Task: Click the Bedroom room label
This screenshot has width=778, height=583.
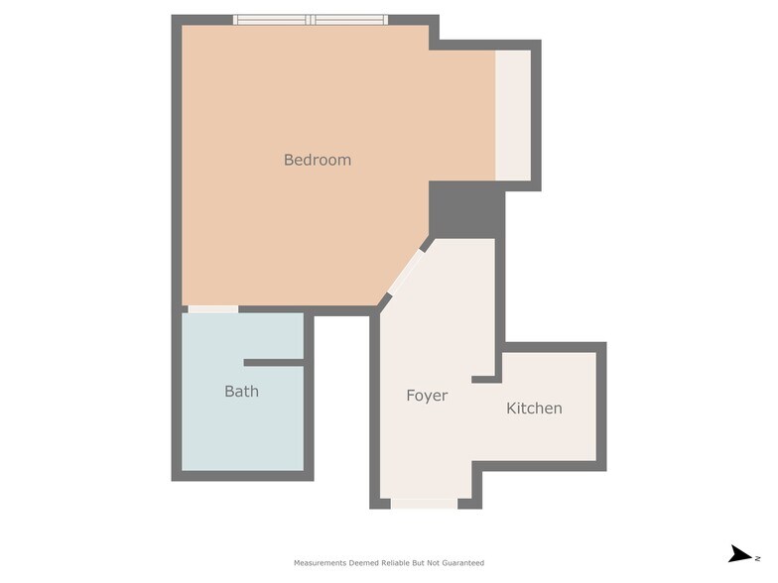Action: click(x=318, y=160)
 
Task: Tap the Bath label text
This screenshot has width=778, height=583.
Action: click(x=241, y=392)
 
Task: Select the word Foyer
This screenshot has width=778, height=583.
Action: click(x=427, y=396)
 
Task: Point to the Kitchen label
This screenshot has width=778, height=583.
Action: click(x=534, y=408)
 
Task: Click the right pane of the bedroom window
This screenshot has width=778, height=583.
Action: click(x=349, y=19)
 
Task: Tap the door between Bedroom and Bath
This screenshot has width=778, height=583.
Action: click(x=212, y=309)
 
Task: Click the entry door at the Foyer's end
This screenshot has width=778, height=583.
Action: click(x=424, y=504)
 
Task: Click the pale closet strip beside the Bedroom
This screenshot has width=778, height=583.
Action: click(x=513, y=115)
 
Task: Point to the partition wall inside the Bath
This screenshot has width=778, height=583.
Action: click(x=274, y=363)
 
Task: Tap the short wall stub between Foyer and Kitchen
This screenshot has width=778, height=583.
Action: click(x=483, y=379)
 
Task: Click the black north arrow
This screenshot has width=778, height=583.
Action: click(x=740, y=554)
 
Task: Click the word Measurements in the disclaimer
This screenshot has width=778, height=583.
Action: click(x=320, y=563)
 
